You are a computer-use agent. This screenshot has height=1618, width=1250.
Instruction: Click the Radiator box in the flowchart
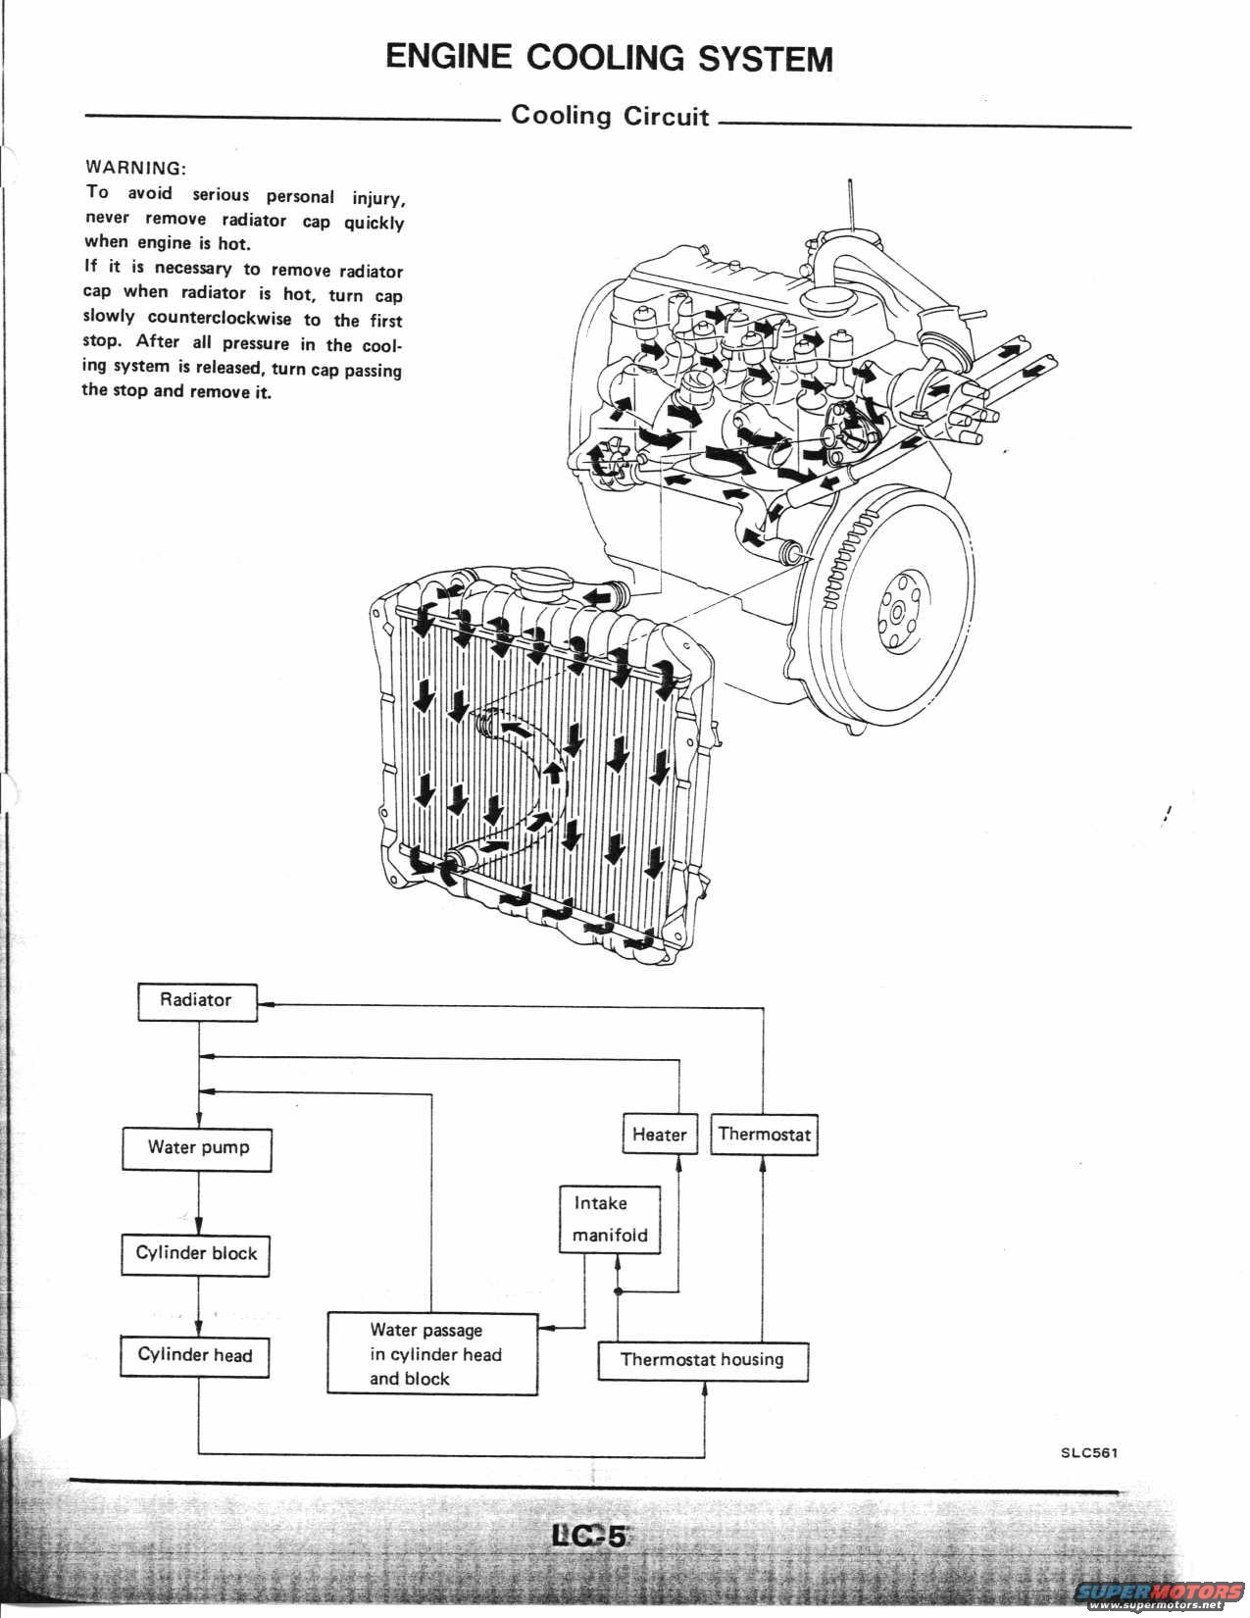click(197, 1001)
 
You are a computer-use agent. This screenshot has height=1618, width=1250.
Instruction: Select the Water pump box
click(197, 1148)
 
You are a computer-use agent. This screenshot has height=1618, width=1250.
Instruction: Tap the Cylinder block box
click(196, 1254)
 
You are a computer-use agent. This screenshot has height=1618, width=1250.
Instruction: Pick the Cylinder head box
click(195, 1356)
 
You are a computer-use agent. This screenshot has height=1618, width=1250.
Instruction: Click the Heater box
click(659, 1135)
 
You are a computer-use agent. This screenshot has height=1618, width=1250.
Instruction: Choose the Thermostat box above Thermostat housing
click(764, 1135)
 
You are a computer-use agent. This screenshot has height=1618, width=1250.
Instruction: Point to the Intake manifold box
click(610, 1219)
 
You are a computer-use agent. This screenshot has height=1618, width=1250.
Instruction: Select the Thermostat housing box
click(703, 1360)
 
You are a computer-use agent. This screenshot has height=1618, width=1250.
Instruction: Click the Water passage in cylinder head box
click(432, 1354)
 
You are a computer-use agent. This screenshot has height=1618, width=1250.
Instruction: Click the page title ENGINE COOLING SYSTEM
click(609, 57)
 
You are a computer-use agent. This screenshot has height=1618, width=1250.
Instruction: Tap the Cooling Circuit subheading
click(609, 116)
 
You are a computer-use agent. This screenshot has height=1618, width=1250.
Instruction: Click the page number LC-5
click(588, 1536)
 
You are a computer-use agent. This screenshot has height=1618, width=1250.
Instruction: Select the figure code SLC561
click(1088, 1453)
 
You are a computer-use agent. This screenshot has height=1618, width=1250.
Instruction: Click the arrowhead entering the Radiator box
click(266, 1004)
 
